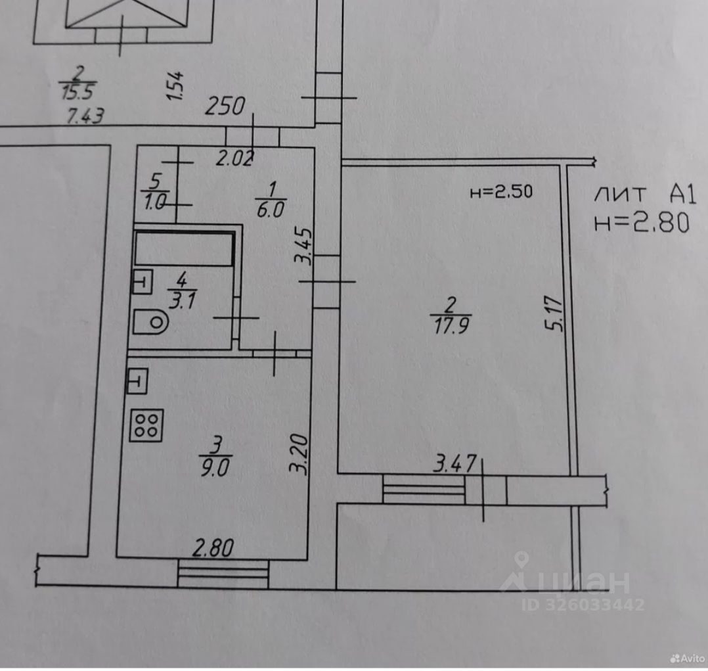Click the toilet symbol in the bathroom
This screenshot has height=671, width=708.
[150, 322]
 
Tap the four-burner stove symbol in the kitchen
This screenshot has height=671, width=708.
[146, 424]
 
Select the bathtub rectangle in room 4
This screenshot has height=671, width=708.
[184, 247]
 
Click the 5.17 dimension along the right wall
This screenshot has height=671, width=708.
[556, 316]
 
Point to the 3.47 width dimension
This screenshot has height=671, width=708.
[455, 465]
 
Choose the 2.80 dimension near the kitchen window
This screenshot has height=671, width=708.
[213, 547]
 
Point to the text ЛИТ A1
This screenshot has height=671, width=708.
[641, 194]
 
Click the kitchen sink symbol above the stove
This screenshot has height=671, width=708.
[139, 381]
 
